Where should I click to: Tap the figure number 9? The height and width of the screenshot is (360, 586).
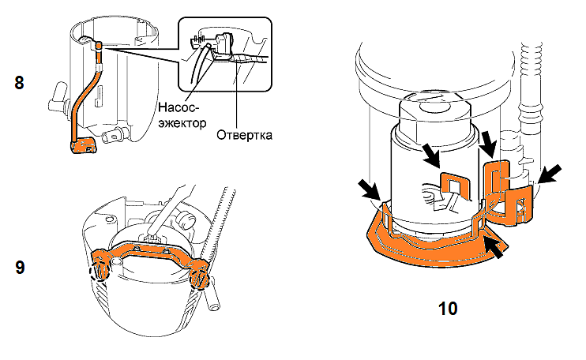coord(20,267)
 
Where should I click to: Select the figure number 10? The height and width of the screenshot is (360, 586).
coord(449,307)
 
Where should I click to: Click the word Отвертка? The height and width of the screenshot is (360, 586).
coord(244,135)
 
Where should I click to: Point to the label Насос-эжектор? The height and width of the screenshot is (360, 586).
coord(182,114)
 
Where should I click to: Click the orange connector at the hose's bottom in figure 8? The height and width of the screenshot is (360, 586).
coord(81,146)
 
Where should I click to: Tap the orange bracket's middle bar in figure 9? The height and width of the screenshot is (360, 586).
coord(150,251)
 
